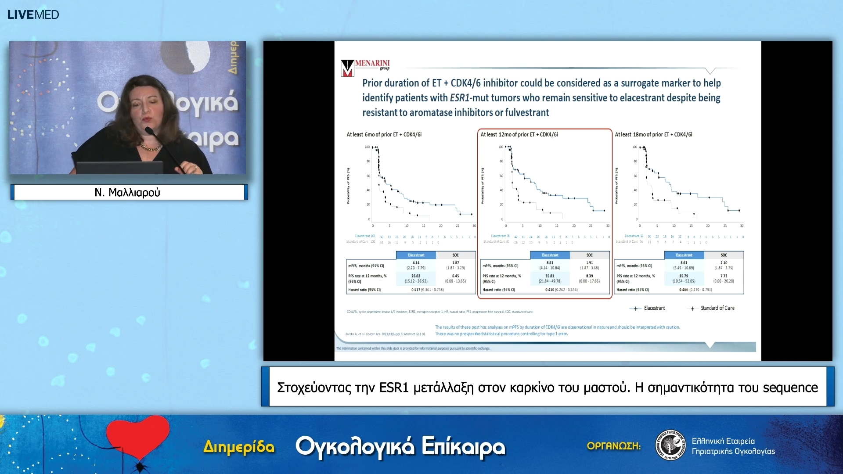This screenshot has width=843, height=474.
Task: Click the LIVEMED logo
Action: pyautogui.click(x=33, y=14)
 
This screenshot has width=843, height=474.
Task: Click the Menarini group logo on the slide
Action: pyautogui.click(x=365, y=68)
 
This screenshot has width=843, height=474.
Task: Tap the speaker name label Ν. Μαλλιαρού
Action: pyautogui.click(x=127, y=192)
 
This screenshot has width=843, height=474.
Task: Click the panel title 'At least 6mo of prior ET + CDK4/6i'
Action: pyautogui.click(x=384, y=135)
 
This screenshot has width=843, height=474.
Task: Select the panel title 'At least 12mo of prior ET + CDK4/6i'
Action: pyautogui.click(x=519, y=135)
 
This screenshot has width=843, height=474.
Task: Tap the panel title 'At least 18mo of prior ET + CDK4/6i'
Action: pyautogui.click(x=653, y=135)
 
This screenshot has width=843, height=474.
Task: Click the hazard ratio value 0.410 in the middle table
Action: pyautogui.click(x=549, y=290)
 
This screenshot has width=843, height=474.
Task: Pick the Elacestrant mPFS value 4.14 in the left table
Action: pyautogui.click(x=416, y=262)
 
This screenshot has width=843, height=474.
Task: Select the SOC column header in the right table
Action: pyautogui.click(x=724, y=255)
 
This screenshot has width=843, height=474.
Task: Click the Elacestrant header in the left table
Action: pyautogui.click(x=416, y=255)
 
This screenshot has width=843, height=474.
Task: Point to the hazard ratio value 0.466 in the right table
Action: pyautogui.click(x=683, y=290)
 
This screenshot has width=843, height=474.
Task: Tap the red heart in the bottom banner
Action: pyautogui.click(x=138, y=436)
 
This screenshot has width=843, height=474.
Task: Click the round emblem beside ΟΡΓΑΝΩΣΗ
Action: pyautogui.click(x=670, y=445)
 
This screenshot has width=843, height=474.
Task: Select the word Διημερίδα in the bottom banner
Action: pyautogui.click(x=239, y=447)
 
